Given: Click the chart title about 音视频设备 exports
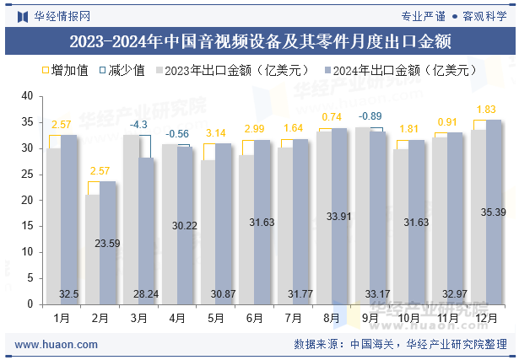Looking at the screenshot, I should click(259, 41).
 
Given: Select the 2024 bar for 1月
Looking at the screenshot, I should click(69, 219).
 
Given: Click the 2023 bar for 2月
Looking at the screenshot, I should click(92, 249).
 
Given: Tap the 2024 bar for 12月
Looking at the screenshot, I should click(494, 212).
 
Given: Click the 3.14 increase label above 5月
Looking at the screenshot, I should click(215, 133).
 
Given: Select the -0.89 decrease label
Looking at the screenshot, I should click(370, 116).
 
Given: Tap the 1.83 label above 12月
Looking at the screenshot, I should click(486, 110).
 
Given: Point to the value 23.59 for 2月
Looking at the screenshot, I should click(106, 243).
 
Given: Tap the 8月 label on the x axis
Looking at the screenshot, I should click(332, 318).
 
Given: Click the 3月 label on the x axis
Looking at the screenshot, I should click(138, 318).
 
